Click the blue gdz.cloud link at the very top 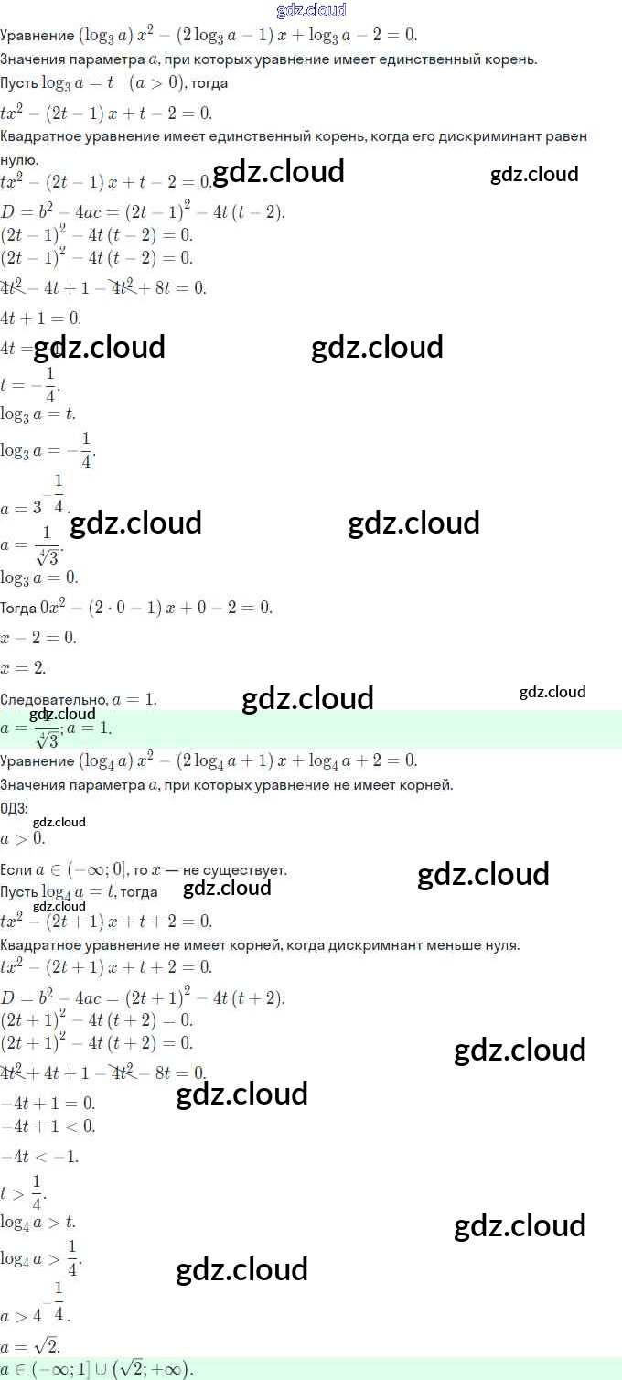(311, 10)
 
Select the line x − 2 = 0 (38, 638)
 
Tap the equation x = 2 (24, 668)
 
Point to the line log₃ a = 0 (39, 577)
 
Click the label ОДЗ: (15, 808)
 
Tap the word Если (16, 870)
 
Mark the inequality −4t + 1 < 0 (48, 1127)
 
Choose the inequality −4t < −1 (40, 1157)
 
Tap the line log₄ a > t (38, 1222)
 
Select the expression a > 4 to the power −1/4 (36, 1304)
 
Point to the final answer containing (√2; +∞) (97, 1369)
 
